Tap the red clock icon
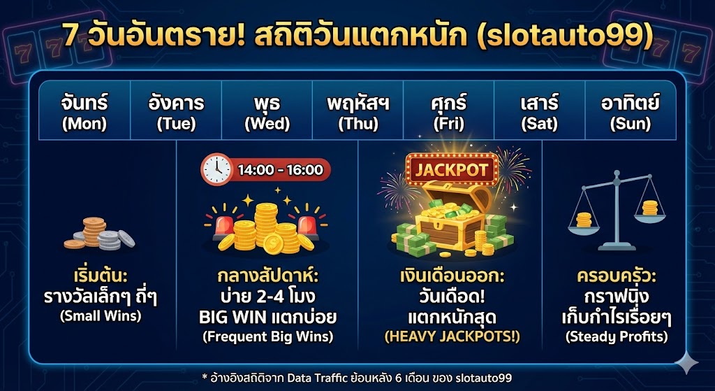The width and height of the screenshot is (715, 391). coord(216,169)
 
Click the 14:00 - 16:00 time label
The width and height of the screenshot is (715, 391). coord(280,169)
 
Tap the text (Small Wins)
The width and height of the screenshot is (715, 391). coord(100,316)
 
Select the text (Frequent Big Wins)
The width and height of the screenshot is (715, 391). coord(267,336)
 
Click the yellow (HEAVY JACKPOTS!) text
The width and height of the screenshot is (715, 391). coord(452,336)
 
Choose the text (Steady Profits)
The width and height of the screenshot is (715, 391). coord(616,336)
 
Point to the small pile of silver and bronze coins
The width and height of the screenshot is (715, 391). coord(99,234)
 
